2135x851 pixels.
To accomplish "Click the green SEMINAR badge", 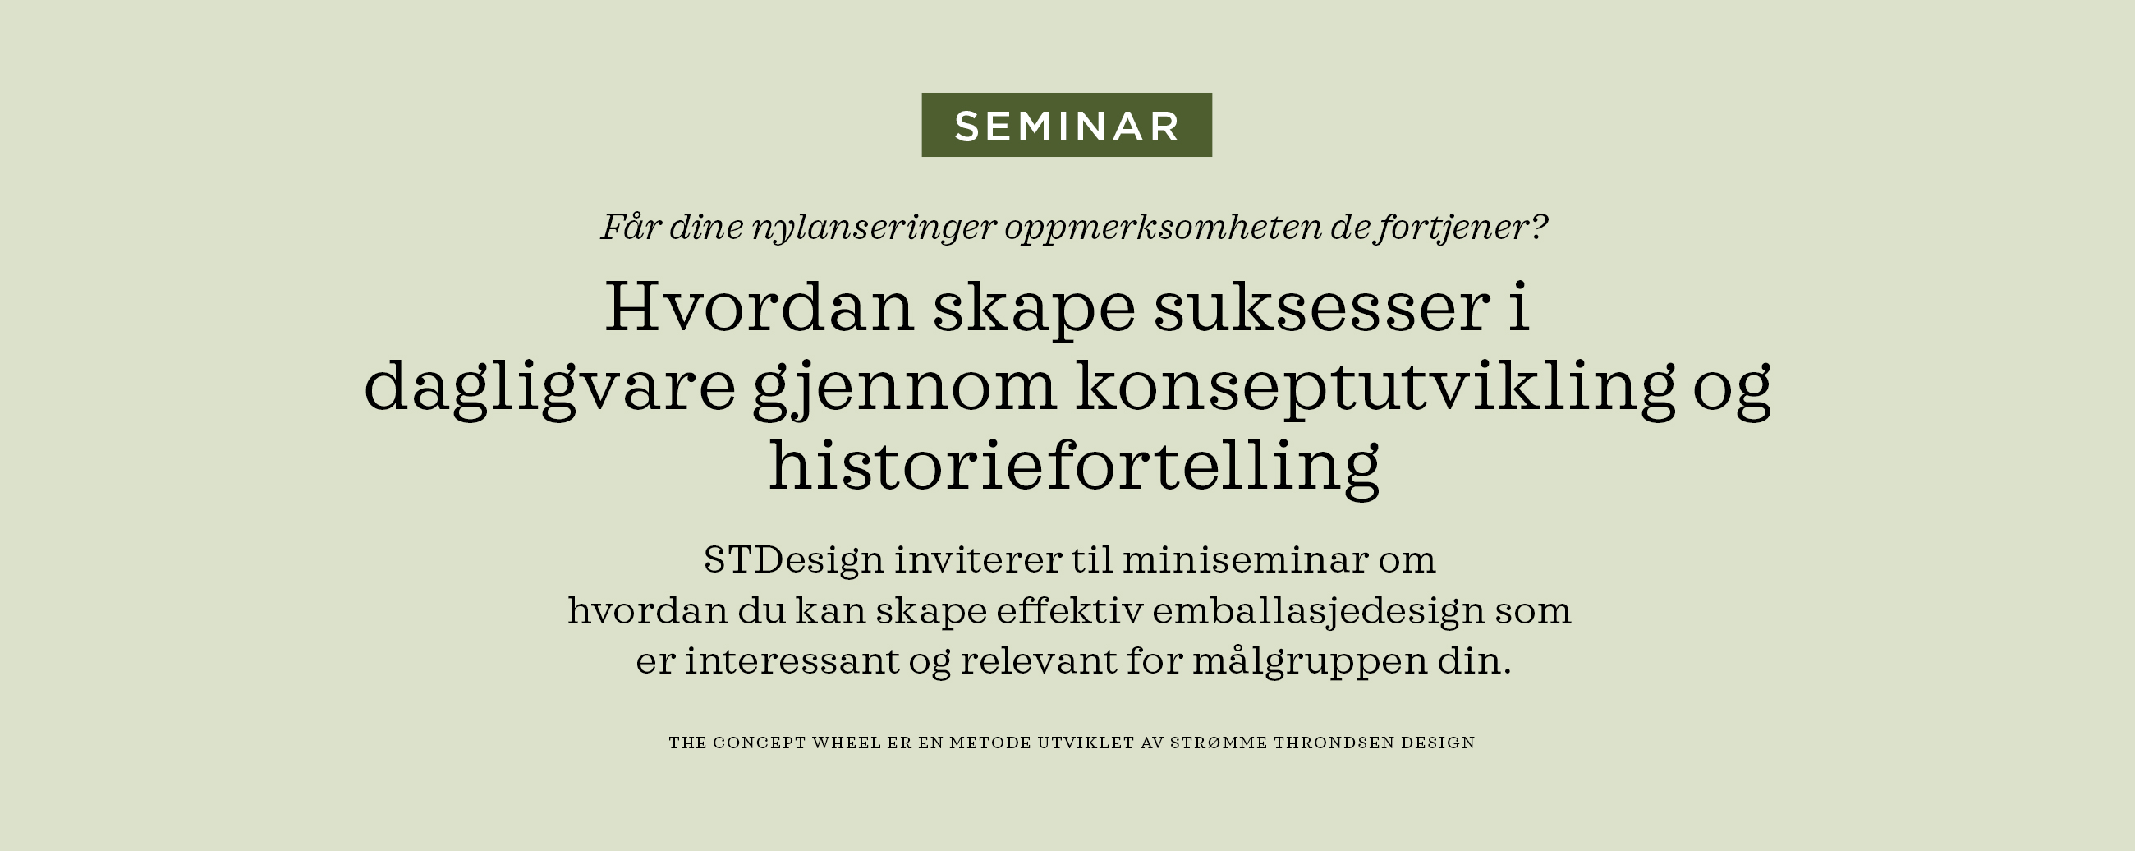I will pos(1067,125).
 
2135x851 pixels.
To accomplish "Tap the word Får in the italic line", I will pos(630,227).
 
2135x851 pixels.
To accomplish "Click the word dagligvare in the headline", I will pos(549,388).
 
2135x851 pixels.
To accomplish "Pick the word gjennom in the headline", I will pos(904,388).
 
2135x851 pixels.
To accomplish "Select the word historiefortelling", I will pos(1074,466).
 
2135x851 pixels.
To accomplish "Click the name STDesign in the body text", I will pos(793,560).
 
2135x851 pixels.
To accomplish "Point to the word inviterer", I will pos(977,560).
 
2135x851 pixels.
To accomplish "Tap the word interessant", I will pos(792,662).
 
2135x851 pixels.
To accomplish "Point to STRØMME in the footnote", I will pos(1219,743).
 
